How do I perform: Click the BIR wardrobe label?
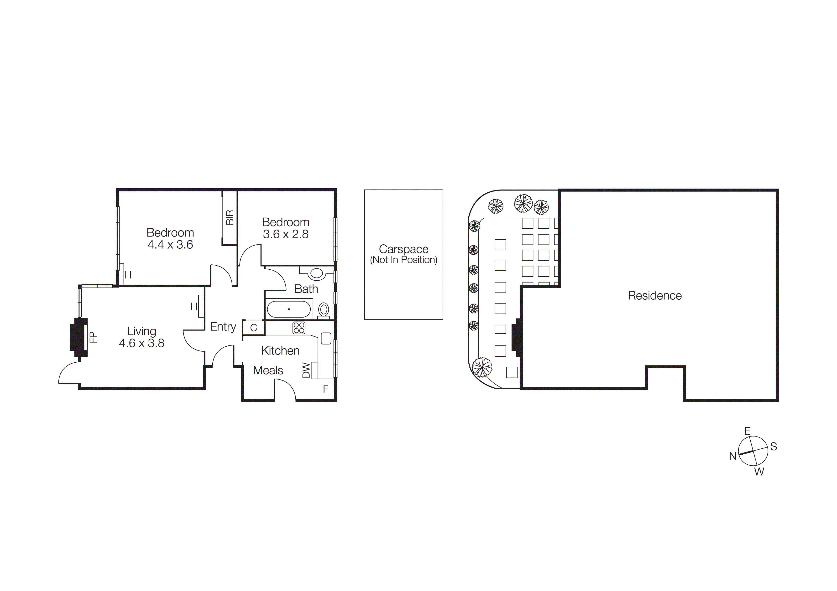230,217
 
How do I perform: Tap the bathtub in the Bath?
289,309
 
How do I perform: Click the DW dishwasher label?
306,370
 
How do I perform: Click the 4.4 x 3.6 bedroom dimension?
170,245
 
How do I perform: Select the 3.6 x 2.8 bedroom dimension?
286,234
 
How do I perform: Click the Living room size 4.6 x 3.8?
141,343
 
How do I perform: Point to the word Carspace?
403,249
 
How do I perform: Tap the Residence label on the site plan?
654,296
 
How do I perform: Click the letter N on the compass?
733,456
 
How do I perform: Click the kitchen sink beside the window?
326,338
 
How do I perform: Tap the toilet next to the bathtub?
323,310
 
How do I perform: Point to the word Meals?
268,370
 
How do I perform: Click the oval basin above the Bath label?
316,273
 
